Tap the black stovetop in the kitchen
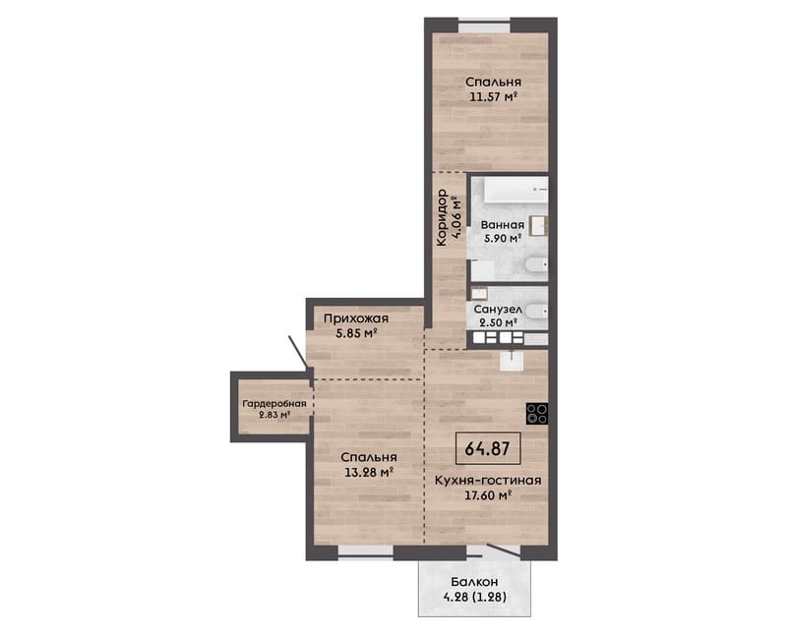click(x=537, y=414)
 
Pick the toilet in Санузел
click(x=536, y=312)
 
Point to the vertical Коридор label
click(x=443, y=218)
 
